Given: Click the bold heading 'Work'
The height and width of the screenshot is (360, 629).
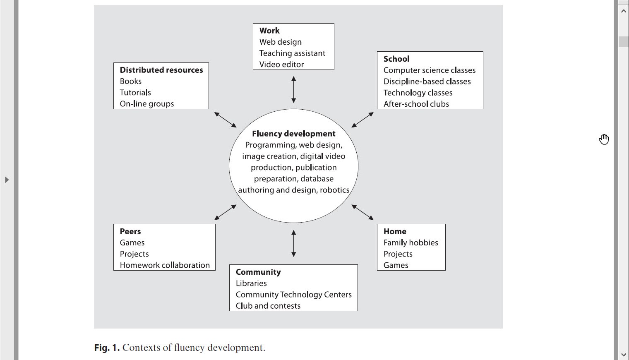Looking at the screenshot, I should (x=269, y=31).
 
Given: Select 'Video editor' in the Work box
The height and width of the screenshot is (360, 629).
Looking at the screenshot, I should (x=281, y=65).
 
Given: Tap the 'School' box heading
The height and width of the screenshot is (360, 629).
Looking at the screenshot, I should (x=396, y=59).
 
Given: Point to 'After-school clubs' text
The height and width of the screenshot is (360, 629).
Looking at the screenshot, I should (x=416, y=104).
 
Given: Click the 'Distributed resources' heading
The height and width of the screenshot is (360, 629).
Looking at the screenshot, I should (x=161, y=70).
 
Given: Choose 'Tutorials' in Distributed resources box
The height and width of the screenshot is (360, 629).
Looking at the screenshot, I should (x=135, y=93).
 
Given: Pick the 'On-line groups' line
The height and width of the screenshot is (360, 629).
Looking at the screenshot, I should (x=147, y=104).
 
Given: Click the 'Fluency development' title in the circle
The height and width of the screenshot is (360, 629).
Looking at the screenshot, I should (x=293, y=134).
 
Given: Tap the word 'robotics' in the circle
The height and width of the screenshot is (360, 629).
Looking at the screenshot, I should (x=334, y=190).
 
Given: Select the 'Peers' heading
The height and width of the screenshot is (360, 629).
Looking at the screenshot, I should (x=130, y=231).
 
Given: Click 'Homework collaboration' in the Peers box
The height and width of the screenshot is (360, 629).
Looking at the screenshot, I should (x=165, y=265).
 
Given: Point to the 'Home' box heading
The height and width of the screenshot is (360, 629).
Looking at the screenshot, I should (x=395, y=231).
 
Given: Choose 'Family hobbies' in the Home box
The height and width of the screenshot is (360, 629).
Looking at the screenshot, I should (x=411, y=243).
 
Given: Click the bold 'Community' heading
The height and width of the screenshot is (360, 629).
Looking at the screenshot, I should (x=258, y=272).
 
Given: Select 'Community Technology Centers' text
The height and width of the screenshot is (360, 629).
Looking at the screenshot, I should (x=293, y=295).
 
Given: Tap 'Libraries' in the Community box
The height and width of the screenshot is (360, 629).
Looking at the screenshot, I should (x=251, y=283).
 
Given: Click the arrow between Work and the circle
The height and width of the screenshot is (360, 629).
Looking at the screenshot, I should (x=293, y=89).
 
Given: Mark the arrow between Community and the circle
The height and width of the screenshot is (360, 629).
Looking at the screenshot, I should (x=293, y=244).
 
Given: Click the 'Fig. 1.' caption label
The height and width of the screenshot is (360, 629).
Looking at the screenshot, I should (x=107, y=348).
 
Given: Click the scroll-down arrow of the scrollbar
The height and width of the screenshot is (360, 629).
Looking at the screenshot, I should (x=623, y=355).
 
